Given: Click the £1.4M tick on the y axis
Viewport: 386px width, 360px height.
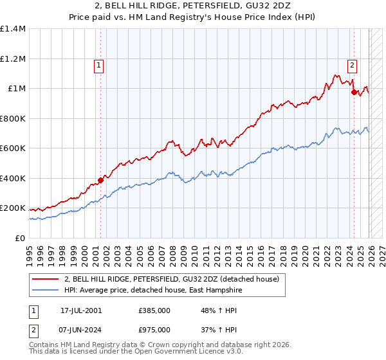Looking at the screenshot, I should (12, 29).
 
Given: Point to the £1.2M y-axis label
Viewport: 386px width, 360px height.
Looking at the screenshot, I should (12, 59).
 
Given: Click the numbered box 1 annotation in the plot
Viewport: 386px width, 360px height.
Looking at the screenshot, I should (99, 64).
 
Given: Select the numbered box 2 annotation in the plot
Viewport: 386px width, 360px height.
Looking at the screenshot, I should (353, 64).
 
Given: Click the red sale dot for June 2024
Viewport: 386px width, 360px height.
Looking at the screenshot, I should (354, 93).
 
